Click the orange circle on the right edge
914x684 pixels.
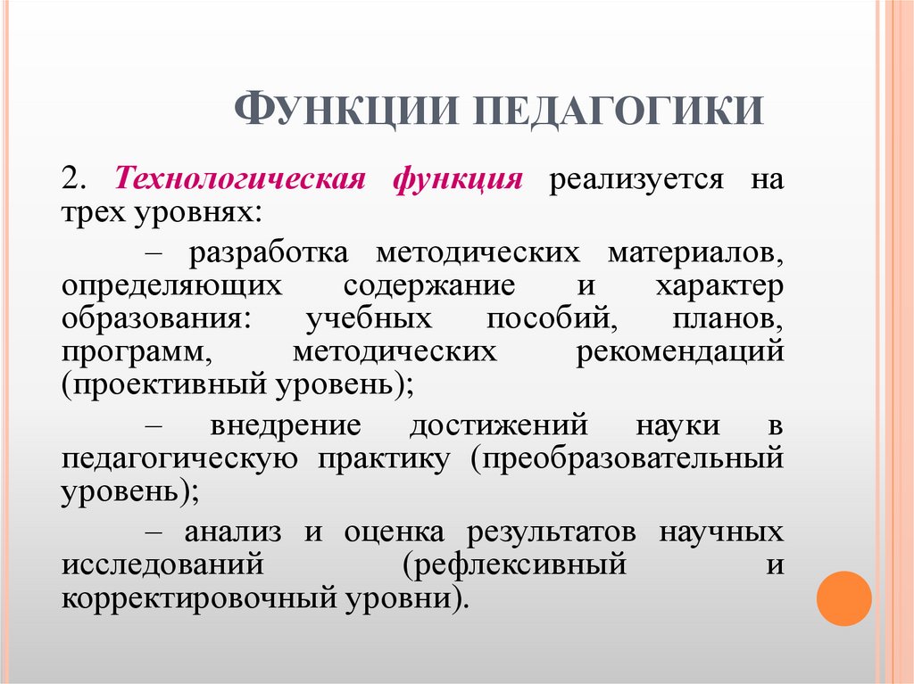pos(843,598)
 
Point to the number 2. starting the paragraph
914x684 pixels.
pos(73,178)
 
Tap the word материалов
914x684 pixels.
pos(695,252)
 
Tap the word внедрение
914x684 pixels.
pos(285,425)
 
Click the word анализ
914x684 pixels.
pos(234,532)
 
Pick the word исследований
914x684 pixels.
pos(162,565)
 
